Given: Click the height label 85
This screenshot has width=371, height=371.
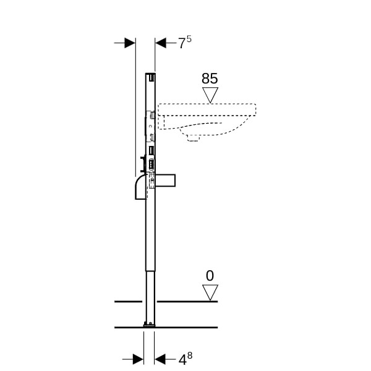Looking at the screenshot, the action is [x=210, y=79].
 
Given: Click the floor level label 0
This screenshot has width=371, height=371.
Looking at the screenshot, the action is [x=210, y=276].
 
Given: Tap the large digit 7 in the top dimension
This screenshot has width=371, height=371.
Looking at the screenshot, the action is [x=182, y=44].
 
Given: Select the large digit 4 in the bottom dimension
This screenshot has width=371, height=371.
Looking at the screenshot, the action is [x=182, y=360].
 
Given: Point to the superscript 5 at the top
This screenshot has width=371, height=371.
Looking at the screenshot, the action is [x=189, y=39].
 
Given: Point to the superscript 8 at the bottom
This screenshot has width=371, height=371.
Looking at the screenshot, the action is [x=190, y=356].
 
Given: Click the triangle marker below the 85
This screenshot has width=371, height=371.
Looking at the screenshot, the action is [x=210, y=95].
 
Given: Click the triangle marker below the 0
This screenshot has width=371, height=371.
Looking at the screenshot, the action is [x=210, y=292].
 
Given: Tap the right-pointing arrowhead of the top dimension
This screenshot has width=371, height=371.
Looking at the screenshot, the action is [x=130, y=43].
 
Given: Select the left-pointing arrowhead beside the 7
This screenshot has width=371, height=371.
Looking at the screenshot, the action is [x=161, y=43].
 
